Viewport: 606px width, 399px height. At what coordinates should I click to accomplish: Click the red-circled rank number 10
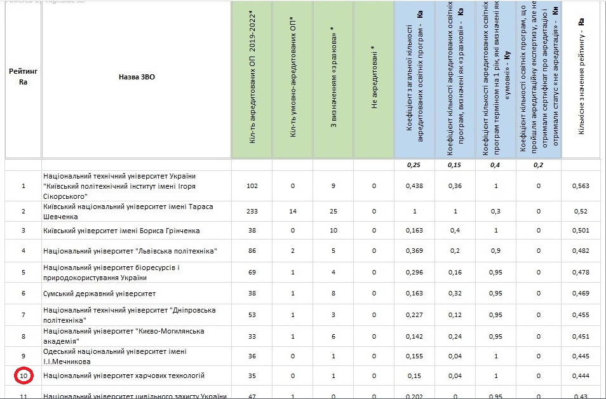pyautogui.click(x=24, y=375)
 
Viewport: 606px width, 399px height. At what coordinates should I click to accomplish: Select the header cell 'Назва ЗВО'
pyautogui.click(x=137, y=77)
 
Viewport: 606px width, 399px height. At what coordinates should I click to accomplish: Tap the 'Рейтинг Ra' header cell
pyautogui.click(x=24, y=77)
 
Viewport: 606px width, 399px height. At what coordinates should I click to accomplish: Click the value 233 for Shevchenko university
pyautogui.click(x=252, y=211)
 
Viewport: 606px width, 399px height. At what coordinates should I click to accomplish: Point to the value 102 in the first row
pyautogui.click(x=252, y=186)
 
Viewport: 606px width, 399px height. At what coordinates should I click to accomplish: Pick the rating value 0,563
pyautogui.click(x=581, y=186)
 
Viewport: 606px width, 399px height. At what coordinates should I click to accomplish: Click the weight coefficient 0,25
pyautogui.click(x=414, y=165)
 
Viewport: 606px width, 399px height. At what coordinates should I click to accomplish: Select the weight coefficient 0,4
pyautogui.click(x=495, y=165)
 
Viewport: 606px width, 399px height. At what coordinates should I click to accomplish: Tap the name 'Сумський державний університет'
pyautogui.click(x=100, y=294)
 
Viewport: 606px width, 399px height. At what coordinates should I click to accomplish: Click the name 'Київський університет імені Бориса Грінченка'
pyautogui.click(x=121, y=230)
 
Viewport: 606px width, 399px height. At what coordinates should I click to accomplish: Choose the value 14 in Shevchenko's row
pyautogui.click(x=293, y=211)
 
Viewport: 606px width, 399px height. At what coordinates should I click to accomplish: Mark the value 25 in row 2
pyautogui.click(x=333, y=211)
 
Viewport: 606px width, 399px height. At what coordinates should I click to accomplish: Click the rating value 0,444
pyautogui.click(x=581, y=375)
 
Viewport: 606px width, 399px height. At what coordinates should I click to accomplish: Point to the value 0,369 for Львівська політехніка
pyautogui.click(x=414, y=251)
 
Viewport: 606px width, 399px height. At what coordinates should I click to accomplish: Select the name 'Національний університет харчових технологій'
pyautogui.click(x=124, y=375)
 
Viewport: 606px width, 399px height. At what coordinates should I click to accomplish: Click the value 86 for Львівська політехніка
pyautogui.click(x=252, y=251)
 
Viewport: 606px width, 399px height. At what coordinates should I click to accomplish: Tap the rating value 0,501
pyautogui.click(x=581, y=230)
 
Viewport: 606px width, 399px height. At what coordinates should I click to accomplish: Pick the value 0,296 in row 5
pyautogui.click(x=414, y=272)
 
